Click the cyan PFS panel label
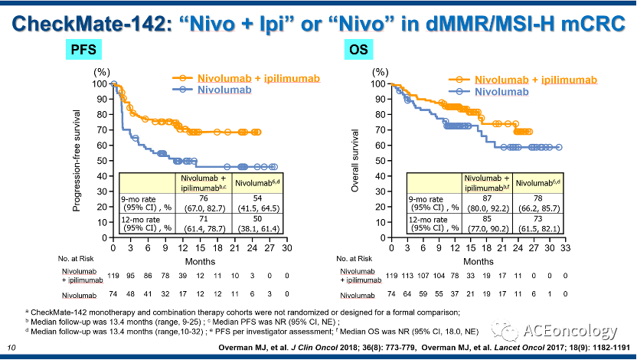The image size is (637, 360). coord(83,50)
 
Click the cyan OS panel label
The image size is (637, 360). coord(358,50)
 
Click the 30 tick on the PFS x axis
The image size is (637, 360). coord(287,247)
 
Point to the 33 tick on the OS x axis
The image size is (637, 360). coord(565,247)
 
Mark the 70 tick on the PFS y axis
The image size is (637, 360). coord(102,130)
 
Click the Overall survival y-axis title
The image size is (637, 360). coord(355,161)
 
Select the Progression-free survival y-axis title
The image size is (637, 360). coord(77,161)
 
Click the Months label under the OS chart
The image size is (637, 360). coord(479,261)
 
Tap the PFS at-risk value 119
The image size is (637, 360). coord(113,276)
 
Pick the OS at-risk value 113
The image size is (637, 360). coord(407,276)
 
